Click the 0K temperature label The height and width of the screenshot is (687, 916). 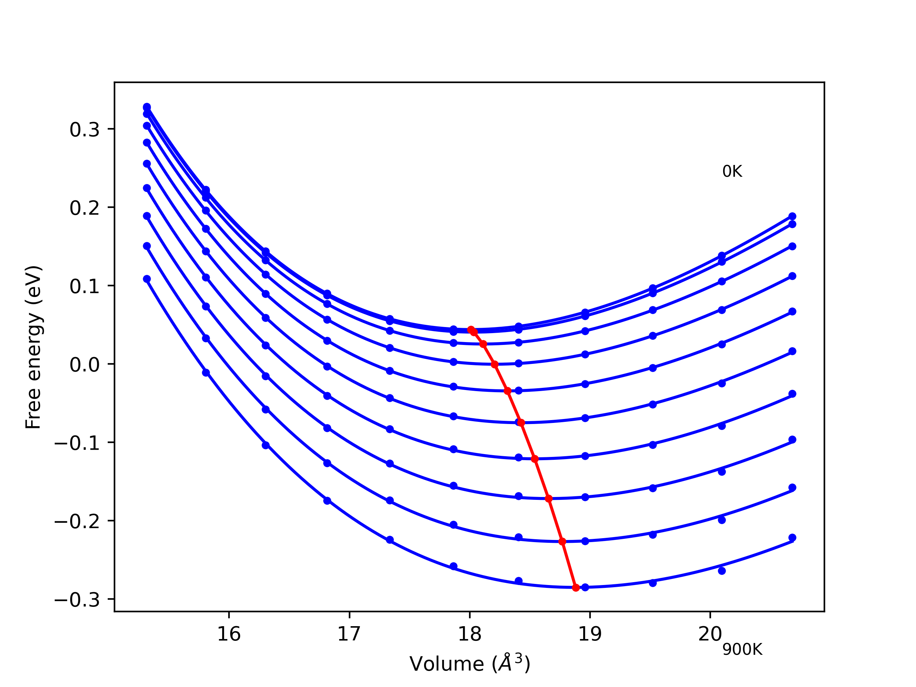tap(732, 171)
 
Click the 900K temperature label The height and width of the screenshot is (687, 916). tap(742, 650)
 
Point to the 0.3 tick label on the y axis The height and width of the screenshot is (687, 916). tap(84, 130)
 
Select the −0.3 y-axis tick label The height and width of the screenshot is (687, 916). tap(77, 600)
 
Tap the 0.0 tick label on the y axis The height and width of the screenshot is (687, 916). tap(84, 365)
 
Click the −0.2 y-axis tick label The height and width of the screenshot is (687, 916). tap(77, 522)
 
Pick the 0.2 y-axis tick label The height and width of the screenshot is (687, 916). tap(84, 208)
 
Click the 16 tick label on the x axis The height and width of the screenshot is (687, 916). tap(229, 634)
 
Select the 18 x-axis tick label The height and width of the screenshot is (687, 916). tap(469, 634)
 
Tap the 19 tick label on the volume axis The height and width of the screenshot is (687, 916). tap(590, 634)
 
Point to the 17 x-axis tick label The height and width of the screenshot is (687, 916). tap(349, 634)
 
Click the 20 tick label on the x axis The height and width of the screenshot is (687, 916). tap(710, 634)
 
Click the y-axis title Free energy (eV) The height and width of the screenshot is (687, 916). tap(33, 347)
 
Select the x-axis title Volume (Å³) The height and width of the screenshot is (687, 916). tap(469, 664)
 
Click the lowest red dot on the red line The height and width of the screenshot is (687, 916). tap(576, 588)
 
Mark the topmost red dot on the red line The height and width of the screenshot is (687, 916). tap(471, 329)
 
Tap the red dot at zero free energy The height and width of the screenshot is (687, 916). tap(494, 364)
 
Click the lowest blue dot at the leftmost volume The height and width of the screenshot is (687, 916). tap(147, 279)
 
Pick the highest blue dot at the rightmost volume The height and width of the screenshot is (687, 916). tap(792, 216)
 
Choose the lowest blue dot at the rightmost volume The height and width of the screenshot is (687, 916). tap(792, 537)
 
